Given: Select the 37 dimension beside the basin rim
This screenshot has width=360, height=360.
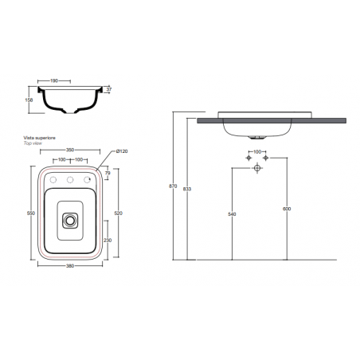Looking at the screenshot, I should click(109, 90).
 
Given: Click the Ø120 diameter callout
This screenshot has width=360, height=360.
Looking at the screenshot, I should click(118, 151).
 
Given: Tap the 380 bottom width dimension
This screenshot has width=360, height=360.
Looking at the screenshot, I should click(72, 267).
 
